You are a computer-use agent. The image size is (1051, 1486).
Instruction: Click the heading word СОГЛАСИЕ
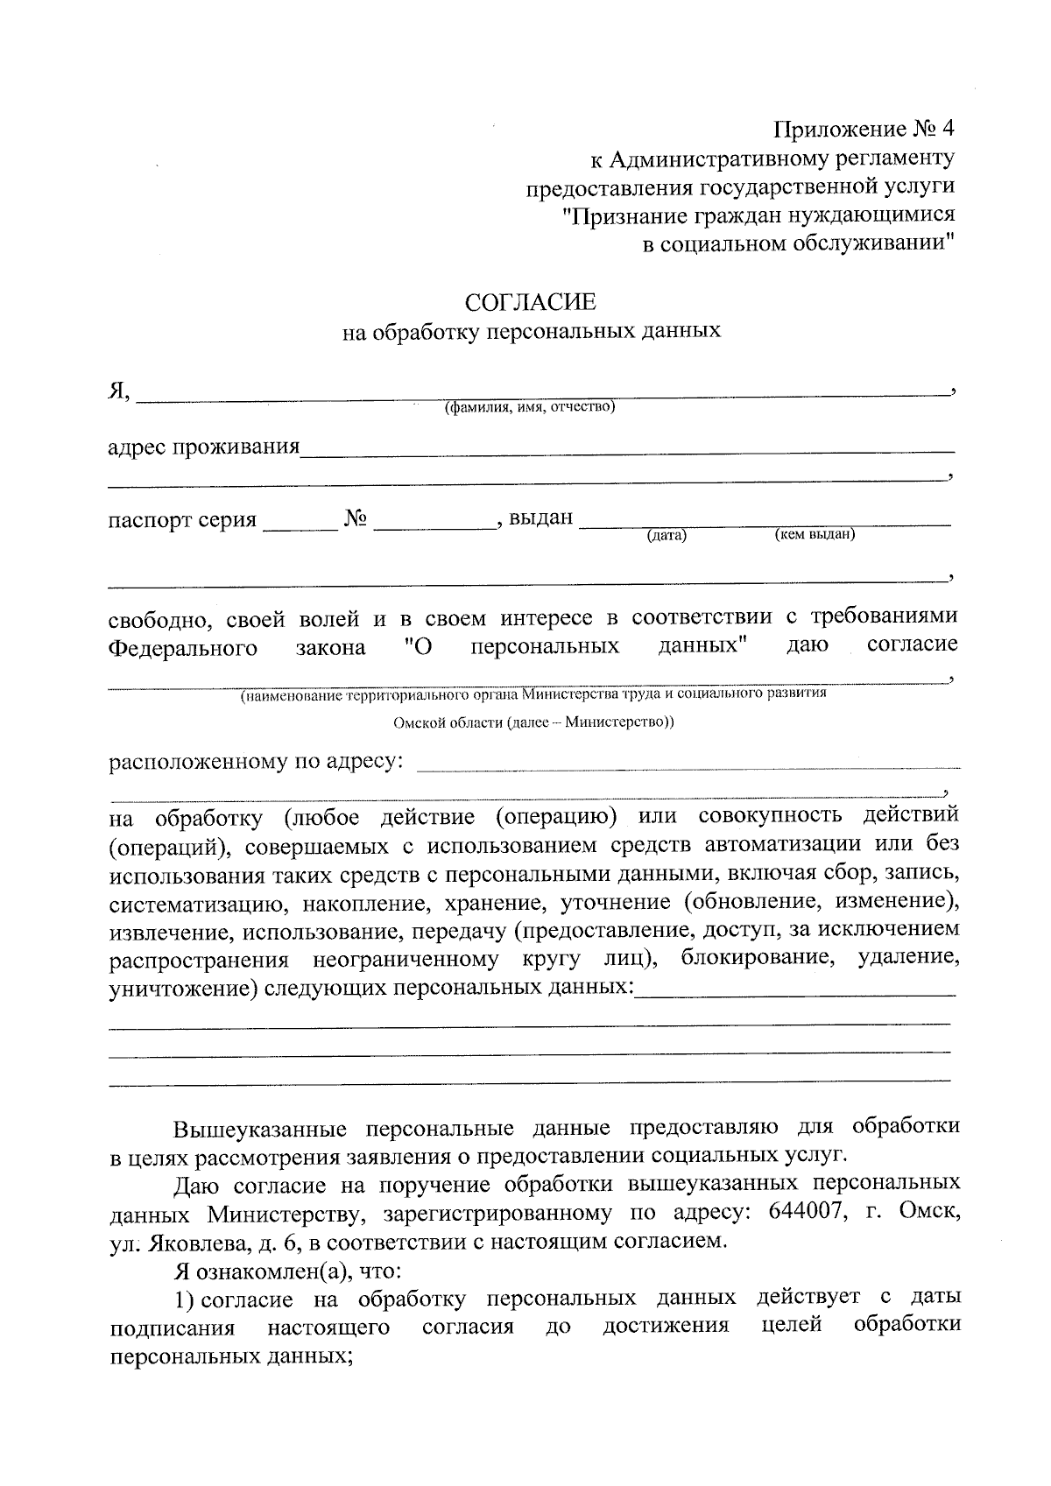pos(530,303)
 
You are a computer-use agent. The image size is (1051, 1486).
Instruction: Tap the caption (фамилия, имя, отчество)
pos(529,408)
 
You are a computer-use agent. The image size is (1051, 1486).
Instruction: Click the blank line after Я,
pos(543,396)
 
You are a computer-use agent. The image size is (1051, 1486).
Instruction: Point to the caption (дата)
pos(667,536)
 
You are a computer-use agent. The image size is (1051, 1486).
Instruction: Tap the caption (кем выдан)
pos(815,534)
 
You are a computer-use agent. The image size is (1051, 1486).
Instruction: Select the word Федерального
pos(182,648)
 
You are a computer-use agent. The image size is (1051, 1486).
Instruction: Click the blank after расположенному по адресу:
pos(688,766)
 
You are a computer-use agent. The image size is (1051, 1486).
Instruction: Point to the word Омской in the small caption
pos(416,723)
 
